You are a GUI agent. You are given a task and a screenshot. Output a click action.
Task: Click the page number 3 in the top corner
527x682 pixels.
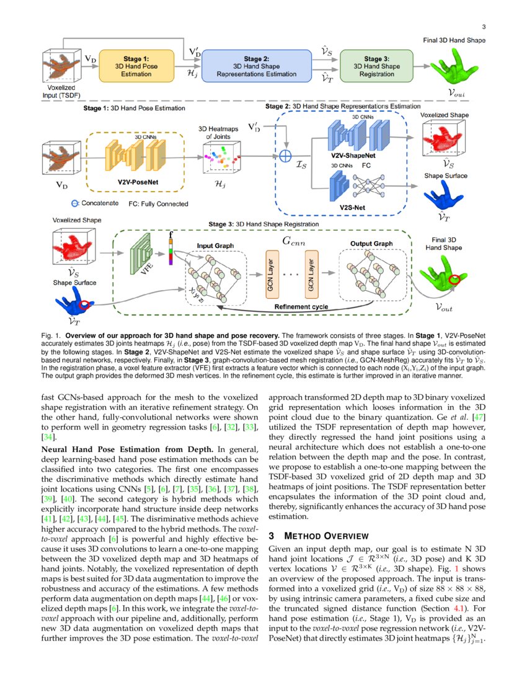(483, 26)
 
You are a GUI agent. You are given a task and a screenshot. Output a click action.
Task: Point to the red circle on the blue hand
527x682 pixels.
(85, 304)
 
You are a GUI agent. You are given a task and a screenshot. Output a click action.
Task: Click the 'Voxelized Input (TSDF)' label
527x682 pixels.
(61, 92)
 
